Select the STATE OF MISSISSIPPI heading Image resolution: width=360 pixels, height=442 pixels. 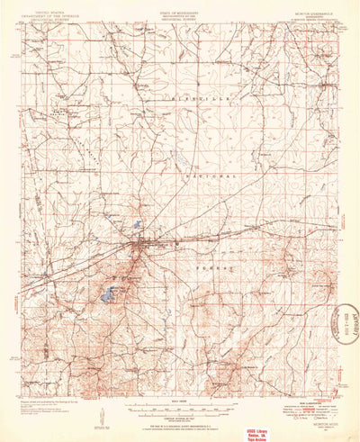[179, 13]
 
